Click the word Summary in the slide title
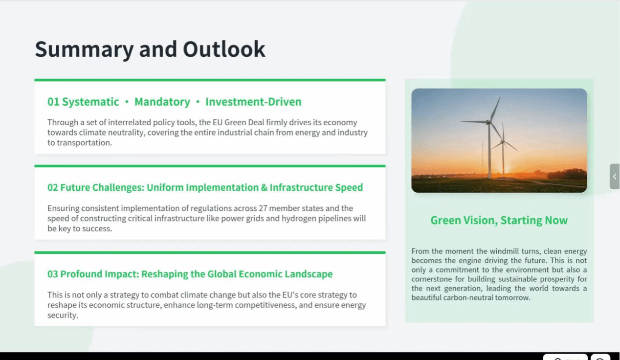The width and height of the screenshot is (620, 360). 85,50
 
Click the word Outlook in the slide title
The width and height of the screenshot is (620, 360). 224,49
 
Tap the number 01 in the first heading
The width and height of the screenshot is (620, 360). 53,102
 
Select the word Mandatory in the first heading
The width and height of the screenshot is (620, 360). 162,102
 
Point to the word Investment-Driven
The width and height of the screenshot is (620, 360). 253,102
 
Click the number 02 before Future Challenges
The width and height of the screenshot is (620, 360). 53,187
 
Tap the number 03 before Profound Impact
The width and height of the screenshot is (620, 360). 53,274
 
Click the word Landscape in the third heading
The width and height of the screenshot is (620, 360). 309,274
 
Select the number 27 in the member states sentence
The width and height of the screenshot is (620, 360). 263,208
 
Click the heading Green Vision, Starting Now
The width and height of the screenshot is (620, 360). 499,221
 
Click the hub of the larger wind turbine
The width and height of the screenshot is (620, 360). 488,122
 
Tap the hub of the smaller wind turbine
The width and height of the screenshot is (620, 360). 503,142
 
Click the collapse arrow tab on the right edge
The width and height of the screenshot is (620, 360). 615,177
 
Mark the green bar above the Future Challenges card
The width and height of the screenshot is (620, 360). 210,166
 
